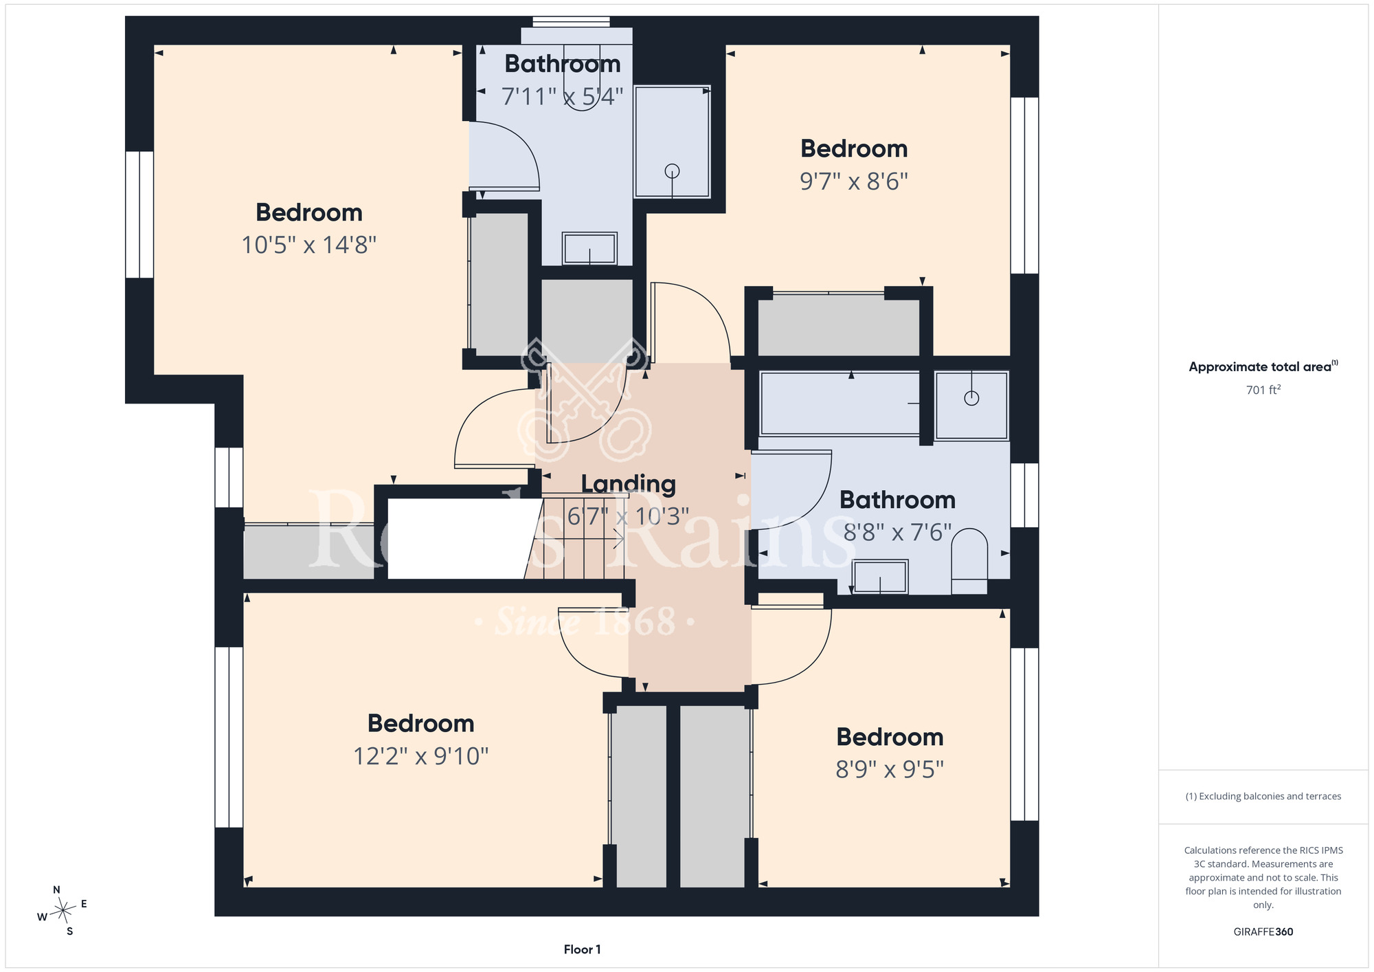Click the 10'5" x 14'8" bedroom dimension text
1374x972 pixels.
(x=309, y=245)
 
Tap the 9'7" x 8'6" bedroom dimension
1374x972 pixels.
(x=854, y=181)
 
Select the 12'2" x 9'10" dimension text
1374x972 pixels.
(x=421, y=756)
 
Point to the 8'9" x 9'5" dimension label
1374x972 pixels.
(x=890, y=769)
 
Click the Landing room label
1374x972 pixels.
(x=629, y=484)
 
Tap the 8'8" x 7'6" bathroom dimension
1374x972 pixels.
(x=898, y=532)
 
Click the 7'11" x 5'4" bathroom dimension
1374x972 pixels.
(x=563, y=96)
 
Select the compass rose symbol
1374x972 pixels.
(x=63, y=911)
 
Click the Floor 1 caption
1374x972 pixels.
(x=582, y=949)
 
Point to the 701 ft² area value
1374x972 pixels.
(x=1263, y=390)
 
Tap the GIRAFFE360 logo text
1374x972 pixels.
(x=1263, y=932)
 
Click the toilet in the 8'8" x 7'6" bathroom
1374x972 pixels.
(x=969, y=561)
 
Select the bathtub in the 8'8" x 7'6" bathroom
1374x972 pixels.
(x=840, y=404)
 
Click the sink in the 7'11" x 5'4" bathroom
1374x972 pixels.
(x=589, y=248)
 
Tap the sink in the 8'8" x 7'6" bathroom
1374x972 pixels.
(x=880, y=577)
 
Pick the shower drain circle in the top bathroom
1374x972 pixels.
(x=672, y=171)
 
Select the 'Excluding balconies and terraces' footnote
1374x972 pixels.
(x=1263, y=796)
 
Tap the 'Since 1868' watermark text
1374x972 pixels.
(x=585, y=621)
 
